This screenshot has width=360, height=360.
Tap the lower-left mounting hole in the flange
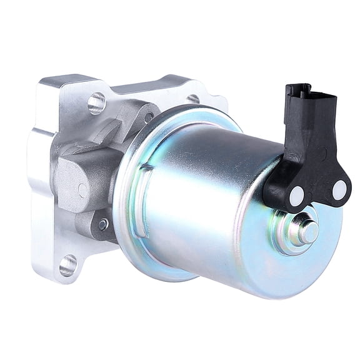68,265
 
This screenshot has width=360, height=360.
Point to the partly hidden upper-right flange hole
194,98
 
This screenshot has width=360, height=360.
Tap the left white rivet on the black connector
296,196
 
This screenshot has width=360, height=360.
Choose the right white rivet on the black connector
339,190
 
